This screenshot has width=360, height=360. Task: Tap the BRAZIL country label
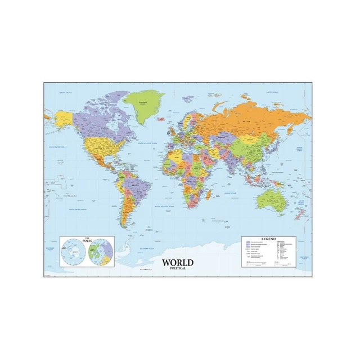(133, 185)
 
